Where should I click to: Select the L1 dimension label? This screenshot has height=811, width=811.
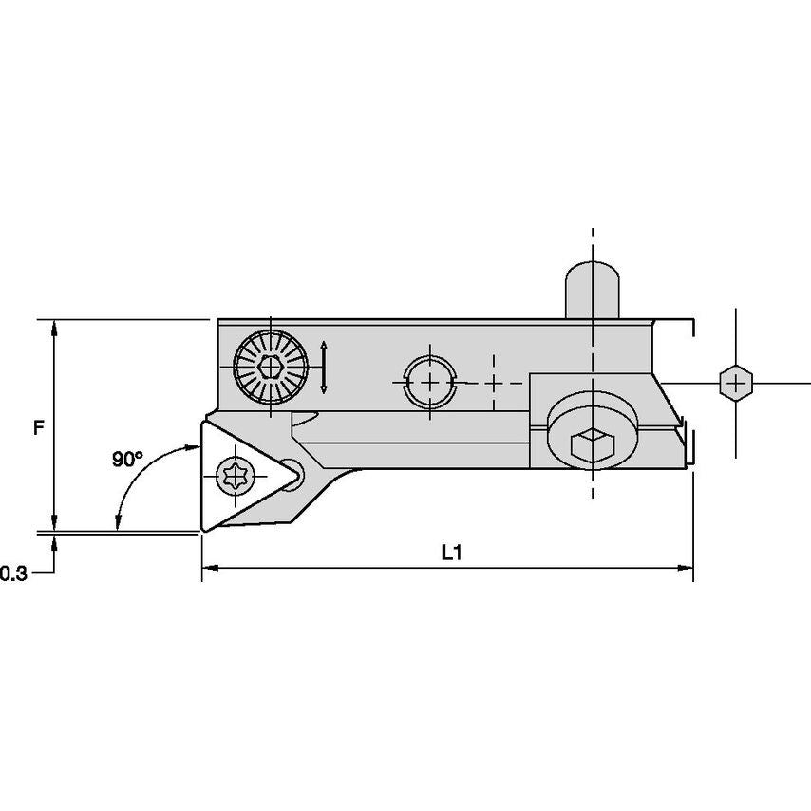[451, 553]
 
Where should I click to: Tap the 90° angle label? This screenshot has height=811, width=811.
[127, 459]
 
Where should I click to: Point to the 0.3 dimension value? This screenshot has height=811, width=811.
[13, 573]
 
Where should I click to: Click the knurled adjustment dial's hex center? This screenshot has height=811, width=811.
[270, 368]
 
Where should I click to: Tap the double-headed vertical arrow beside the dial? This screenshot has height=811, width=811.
[324, 368]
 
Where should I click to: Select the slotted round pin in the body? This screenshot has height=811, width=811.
[430, 383]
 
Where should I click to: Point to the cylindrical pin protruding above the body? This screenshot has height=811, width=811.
[593, 290]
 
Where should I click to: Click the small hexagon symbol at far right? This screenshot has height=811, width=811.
[735, 384]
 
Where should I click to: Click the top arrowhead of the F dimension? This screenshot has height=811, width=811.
[54, 328]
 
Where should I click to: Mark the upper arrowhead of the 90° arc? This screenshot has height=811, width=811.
[194, 446]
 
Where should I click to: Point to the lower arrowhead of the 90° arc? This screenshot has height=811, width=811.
[118, 523]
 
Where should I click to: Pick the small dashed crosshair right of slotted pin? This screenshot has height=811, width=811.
[494, 383]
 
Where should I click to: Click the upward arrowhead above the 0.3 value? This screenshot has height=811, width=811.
[54, 542]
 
